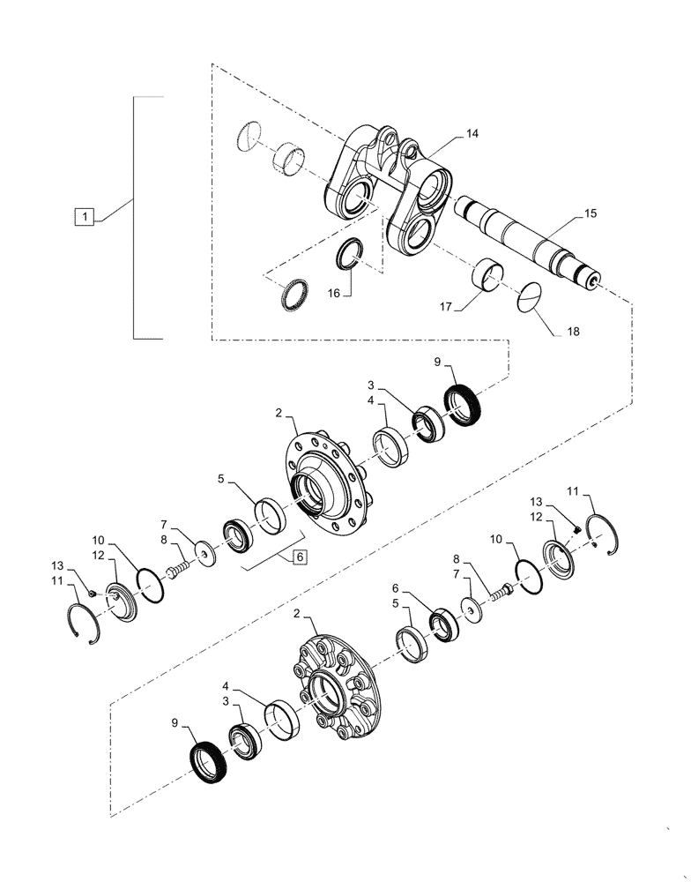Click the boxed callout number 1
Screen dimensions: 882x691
[82, 215]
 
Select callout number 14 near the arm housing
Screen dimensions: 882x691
[472, 134]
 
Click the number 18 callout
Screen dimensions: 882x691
[574, 333]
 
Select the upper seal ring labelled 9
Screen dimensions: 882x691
[462, 405]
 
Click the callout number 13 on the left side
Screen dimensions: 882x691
[56, 565]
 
